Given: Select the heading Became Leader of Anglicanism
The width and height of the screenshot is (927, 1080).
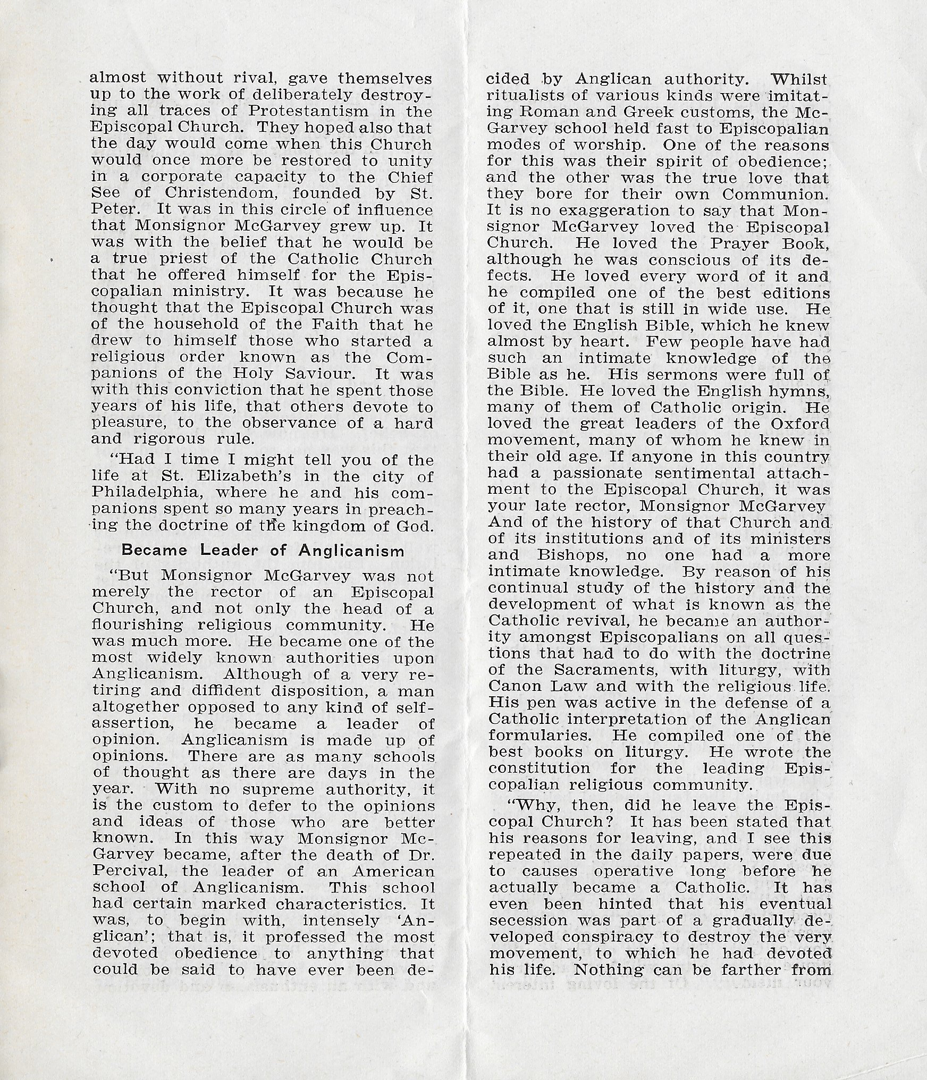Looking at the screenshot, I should click(x=263, y=550).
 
